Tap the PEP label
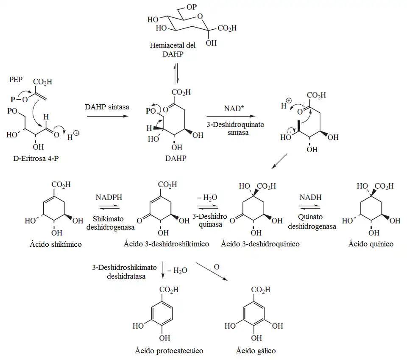[x=16, y=80]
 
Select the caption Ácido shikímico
[x=59, y=244]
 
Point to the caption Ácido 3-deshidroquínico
[x=260, y=244]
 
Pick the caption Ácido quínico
[x=371, y=244]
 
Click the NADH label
[x=310, y=198]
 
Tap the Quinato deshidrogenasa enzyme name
[x=312, y=222]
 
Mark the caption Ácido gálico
[x=256, y=351]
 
